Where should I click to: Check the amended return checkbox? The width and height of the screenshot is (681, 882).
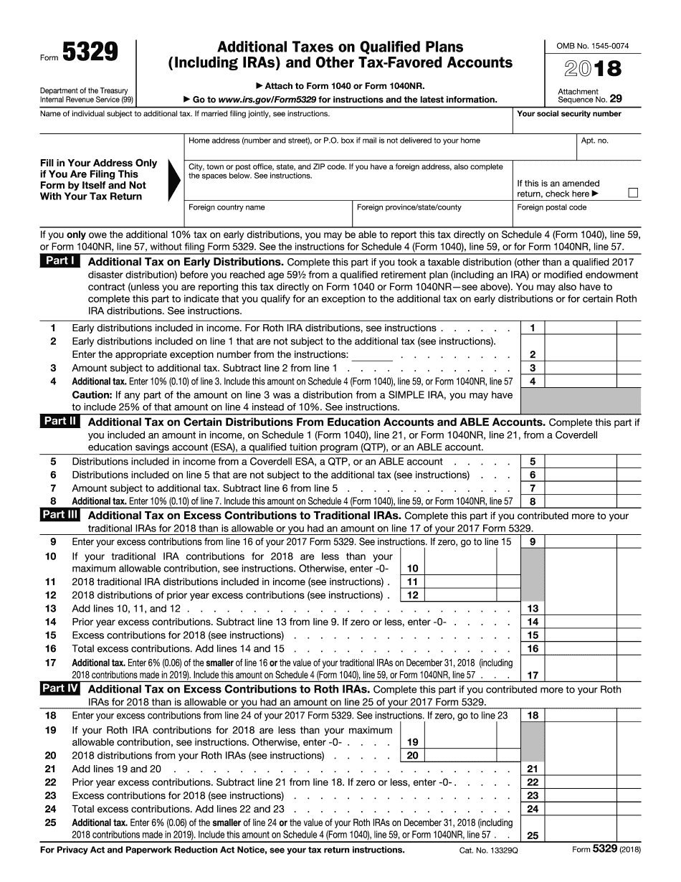pos(632,193)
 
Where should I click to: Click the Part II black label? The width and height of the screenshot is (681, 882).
pos(59,422)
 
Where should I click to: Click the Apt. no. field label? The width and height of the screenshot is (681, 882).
pos(594,141)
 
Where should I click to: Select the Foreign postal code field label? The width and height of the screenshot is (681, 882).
pos(551,207)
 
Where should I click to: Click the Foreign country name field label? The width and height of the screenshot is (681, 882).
pos(227,207)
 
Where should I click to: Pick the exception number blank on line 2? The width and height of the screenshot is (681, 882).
pos(372,355)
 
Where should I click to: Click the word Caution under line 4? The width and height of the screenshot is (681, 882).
pos(91,395)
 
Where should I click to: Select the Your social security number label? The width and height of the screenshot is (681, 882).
pos(568,114)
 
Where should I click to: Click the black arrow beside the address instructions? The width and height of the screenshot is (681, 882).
pos(174,180)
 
